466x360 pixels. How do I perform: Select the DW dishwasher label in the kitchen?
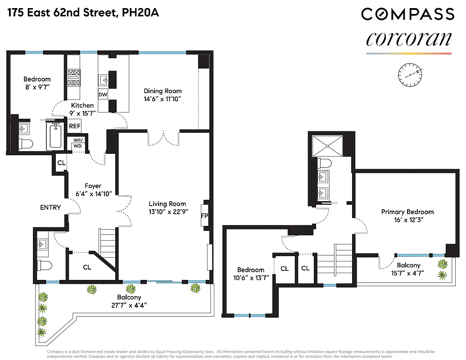[103, 95]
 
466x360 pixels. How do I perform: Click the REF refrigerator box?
[74, 126]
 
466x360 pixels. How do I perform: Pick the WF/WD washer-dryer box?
[77, 143]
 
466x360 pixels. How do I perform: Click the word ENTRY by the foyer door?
[50, 207]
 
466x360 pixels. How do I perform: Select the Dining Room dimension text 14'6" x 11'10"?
[162, 99]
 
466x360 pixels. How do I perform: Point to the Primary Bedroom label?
[407, 211]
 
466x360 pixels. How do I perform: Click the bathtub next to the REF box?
[56, 134]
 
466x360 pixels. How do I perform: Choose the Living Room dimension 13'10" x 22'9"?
[167, 211]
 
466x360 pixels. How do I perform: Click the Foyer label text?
[93, 186]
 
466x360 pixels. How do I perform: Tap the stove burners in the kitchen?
[73, 77]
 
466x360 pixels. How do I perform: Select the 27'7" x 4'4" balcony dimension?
[129, 305]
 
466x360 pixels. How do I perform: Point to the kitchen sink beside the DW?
[103, 80]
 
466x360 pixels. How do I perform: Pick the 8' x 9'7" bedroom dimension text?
[37, 87]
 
